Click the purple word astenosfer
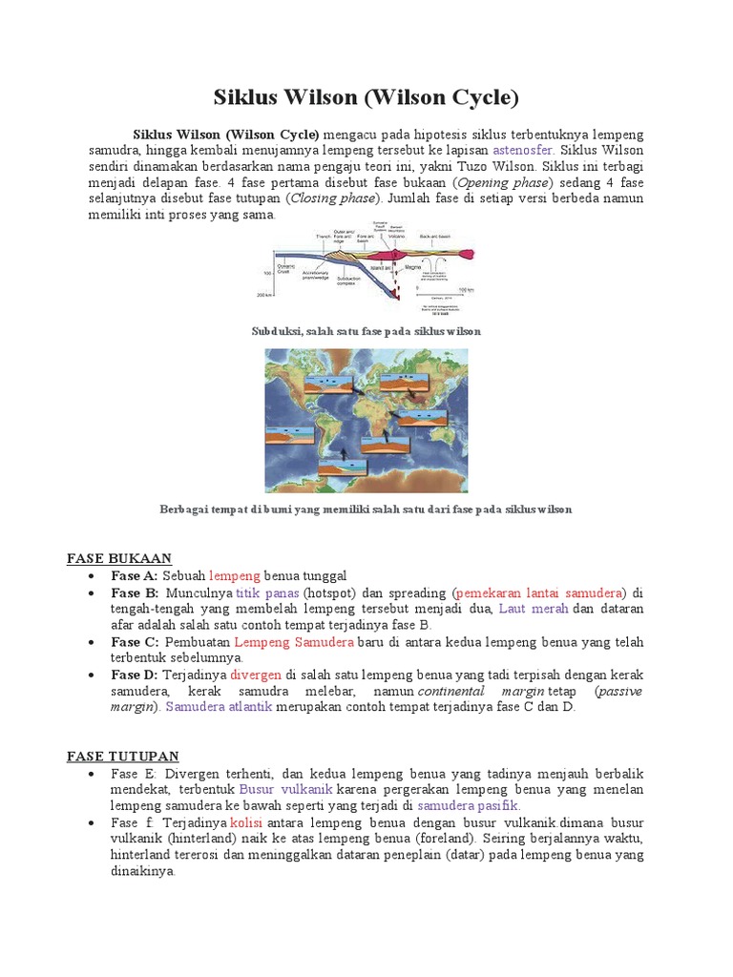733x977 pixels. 524,151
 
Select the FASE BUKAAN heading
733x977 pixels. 119,557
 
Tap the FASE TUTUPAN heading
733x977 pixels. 123,756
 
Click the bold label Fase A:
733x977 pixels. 134,575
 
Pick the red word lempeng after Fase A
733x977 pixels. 234,575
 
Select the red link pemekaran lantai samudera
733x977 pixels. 539,592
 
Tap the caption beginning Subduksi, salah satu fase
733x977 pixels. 366,331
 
